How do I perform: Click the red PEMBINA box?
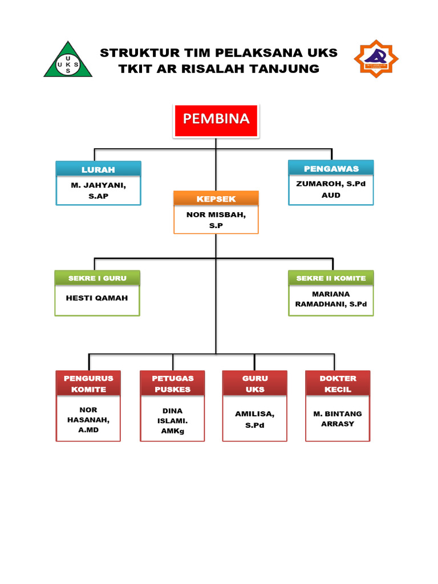(216, 120)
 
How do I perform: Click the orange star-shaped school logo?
(376, 58)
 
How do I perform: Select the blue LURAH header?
(98, 169)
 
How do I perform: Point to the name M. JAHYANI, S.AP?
(98, 190)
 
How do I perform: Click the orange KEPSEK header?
(216, 198)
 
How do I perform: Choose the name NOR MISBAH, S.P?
(216, 220)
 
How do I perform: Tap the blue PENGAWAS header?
(331, 168)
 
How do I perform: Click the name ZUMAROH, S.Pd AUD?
(331, 189)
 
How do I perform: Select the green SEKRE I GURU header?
(97, 278)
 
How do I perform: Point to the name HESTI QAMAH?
(97, 298)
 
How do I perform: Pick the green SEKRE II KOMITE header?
(331, 278)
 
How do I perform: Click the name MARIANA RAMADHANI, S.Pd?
(331, 299)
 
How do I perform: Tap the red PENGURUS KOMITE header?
(88, 383)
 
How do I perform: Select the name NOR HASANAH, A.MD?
(88, 420)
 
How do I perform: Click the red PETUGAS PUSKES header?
(172, 383)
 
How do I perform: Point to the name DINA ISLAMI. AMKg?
(172, 421)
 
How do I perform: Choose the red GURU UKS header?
(255, 383)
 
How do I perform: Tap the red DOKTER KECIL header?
(338, 383)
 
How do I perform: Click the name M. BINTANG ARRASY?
(338, 419)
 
